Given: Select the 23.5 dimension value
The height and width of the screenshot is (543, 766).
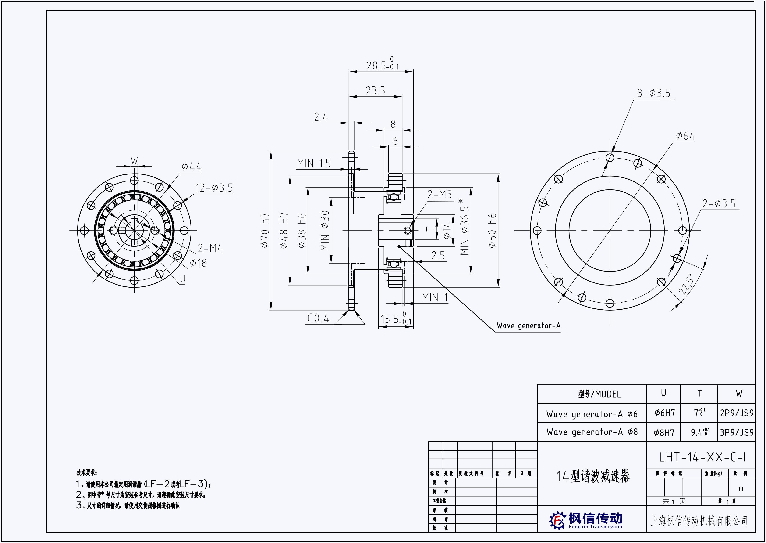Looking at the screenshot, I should [375, 90].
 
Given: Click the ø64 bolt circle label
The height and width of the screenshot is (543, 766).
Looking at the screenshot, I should [685, 136].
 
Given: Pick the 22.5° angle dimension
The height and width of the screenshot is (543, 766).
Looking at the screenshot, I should [685, 284].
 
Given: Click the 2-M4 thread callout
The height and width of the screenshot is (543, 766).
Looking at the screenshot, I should [210, 248].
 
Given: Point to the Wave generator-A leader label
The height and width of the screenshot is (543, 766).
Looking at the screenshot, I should [528, 326].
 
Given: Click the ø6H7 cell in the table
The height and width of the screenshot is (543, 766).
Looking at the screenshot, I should [664, 413].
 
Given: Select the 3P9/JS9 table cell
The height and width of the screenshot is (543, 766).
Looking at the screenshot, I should [737, 432].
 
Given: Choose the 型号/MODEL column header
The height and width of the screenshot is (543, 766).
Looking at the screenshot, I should [599, 394].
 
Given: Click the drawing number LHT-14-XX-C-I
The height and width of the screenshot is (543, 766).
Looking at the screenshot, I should [702, 457].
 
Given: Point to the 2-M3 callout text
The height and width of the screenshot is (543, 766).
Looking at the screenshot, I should [440, 194].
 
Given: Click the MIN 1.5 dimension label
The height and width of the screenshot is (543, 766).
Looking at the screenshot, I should [314, 163].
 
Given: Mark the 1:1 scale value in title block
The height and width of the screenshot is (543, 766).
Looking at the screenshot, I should [741, 489].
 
